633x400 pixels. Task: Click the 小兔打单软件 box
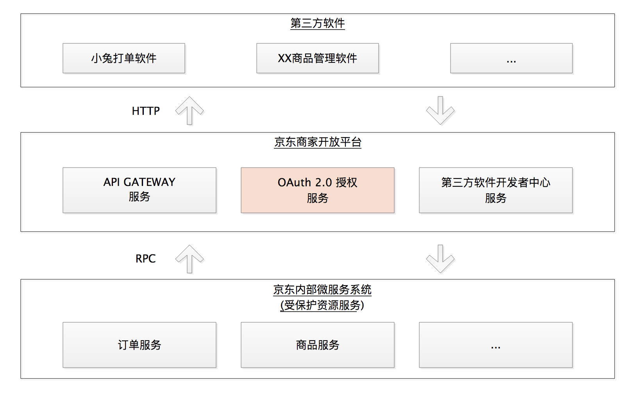(x=124, y=58)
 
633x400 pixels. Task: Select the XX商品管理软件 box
(x=317, y=58)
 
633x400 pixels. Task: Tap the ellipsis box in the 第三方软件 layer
(x=511, y=58)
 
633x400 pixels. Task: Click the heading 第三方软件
(x=317, y=23)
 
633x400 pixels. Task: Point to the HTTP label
(x=146, y=111)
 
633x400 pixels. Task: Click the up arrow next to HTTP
(x=190, y=111)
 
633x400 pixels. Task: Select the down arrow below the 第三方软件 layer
(x=440, y=111)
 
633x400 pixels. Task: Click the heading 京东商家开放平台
(x=317, y=142)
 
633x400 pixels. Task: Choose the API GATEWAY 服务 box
(x=139, y=190)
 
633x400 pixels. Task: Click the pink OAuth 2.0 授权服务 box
(x=317, y=190)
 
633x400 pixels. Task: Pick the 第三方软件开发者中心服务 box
(x=495, y=190)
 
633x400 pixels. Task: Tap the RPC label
(x=145, y=259)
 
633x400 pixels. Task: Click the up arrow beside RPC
(x=190, y=259)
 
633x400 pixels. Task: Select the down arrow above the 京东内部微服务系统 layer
(x=440, y=259)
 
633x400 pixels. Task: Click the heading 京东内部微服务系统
(x=322, y=290)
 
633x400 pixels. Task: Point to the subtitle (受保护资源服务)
(x=322, y=305)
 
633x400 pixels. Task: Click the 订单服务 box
(x=139, y=345)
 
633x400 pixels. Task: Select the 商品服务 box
(x=317, y=345)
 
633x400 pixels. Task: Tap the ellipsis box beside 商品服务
(x=495, y=345)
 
